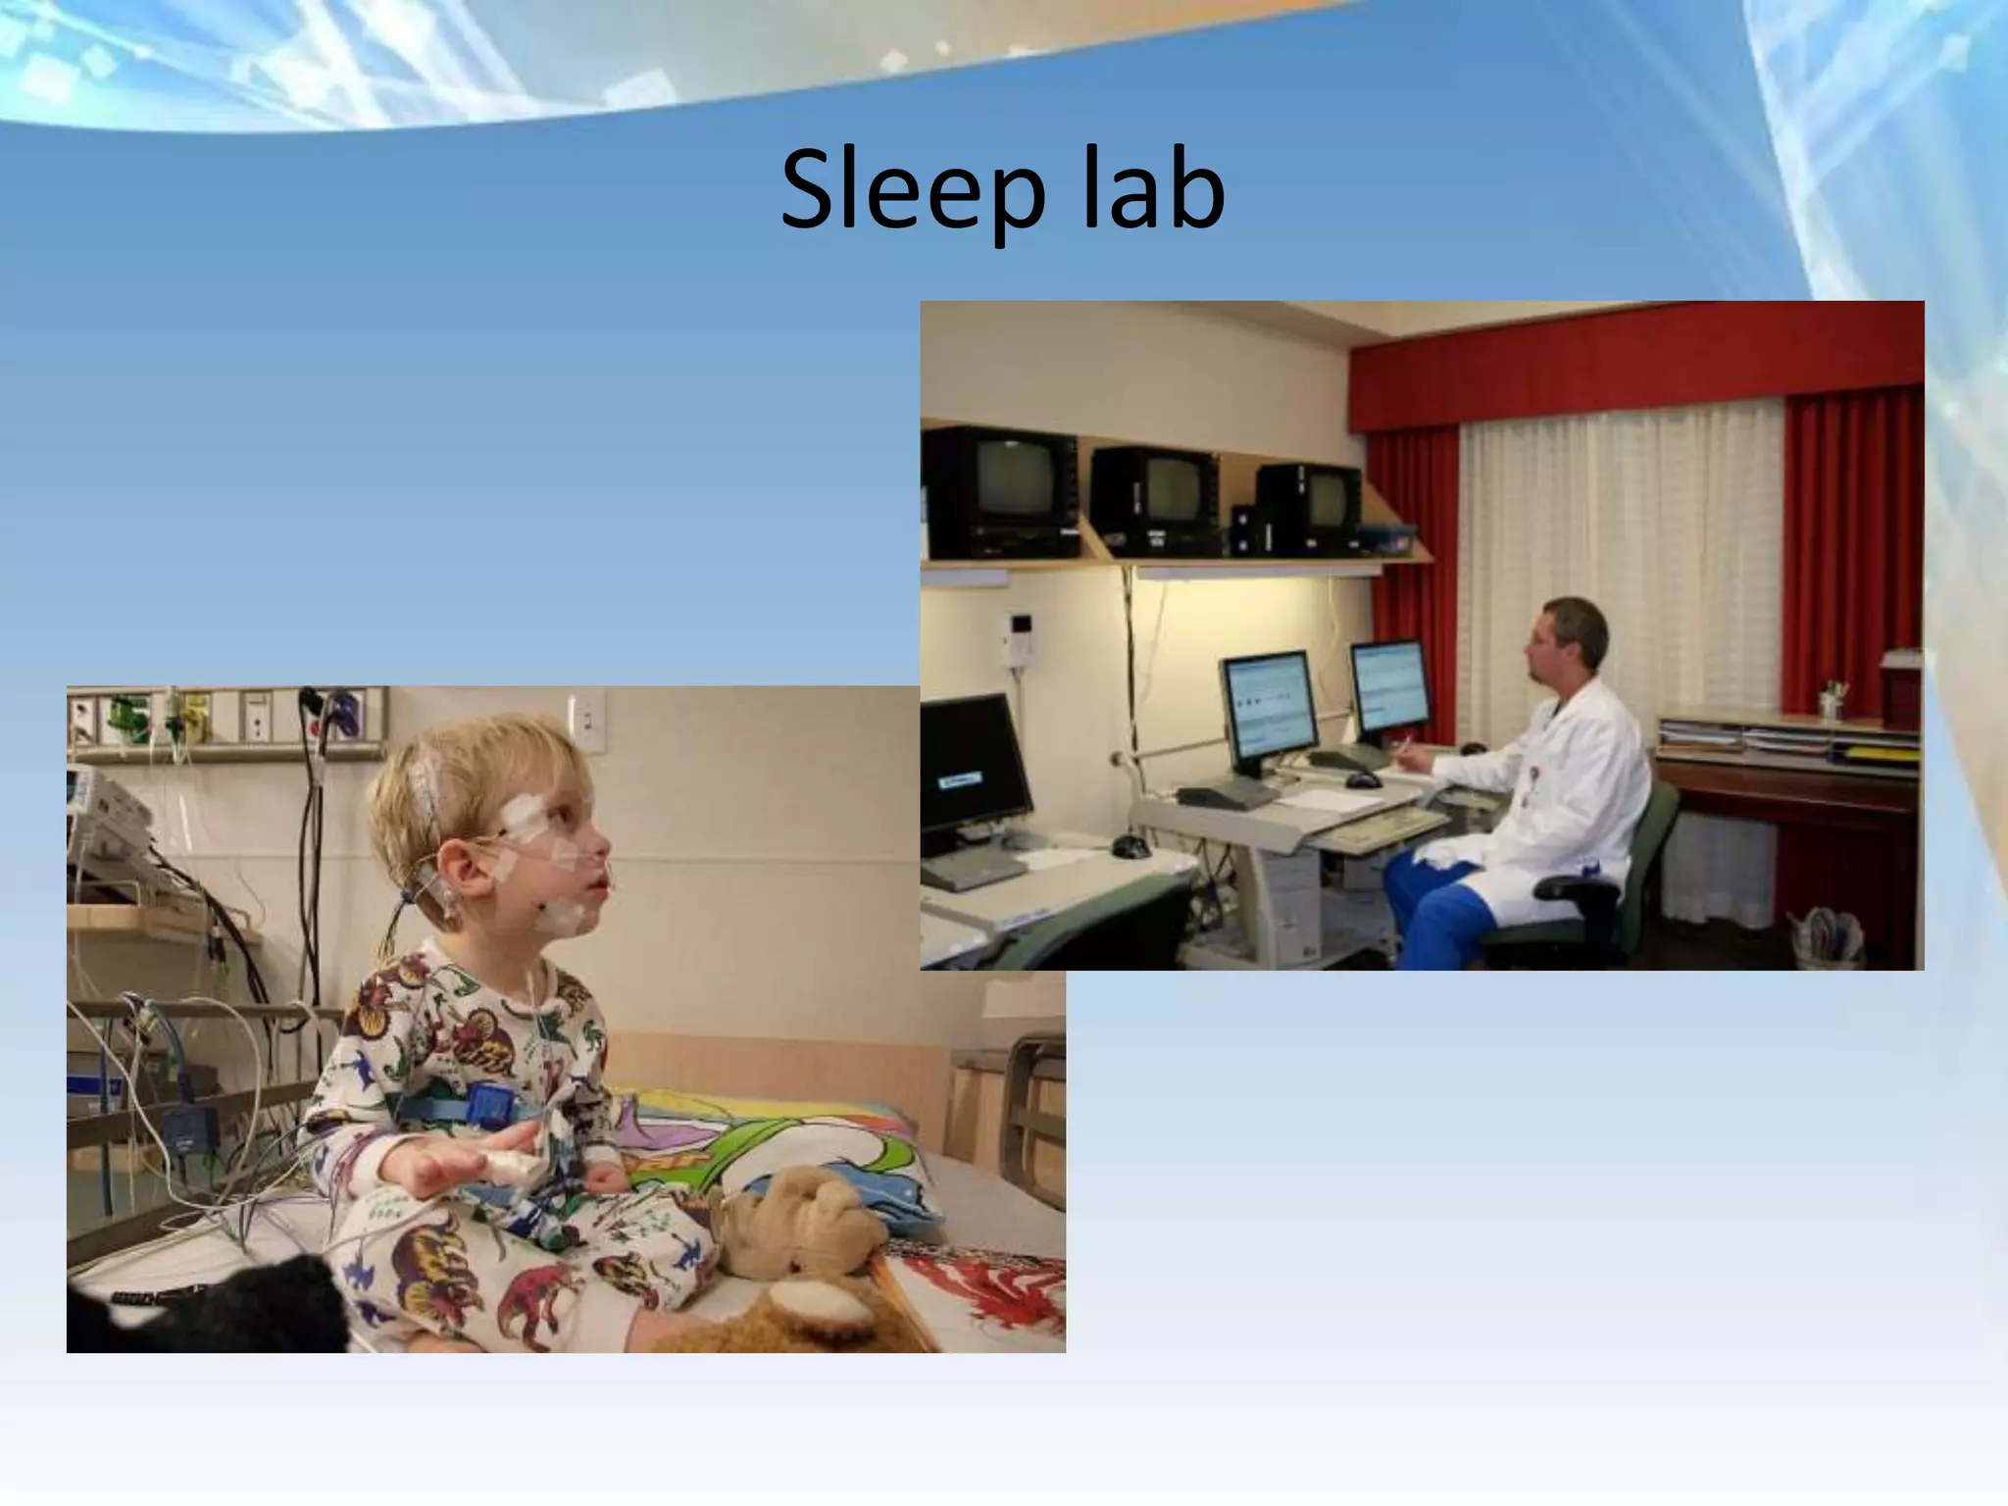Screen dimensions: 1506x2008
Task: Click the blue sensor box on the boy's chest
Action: [486, 1105]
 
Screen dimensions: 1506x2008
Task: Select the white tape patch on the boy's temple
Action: [524, 811]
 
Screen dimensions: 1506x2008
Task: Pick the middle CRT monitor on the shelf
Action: [1157, 497]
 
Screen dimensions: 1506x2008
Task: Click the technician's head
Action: [1569, 643]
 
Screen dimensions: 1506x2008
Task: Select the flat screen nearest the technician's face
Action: [1390, 689]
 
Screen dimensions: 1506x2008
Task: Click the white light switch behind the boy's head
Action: [586, 721]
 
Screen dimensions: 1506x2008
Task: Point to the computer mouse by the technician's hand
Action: [1363, 780]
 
